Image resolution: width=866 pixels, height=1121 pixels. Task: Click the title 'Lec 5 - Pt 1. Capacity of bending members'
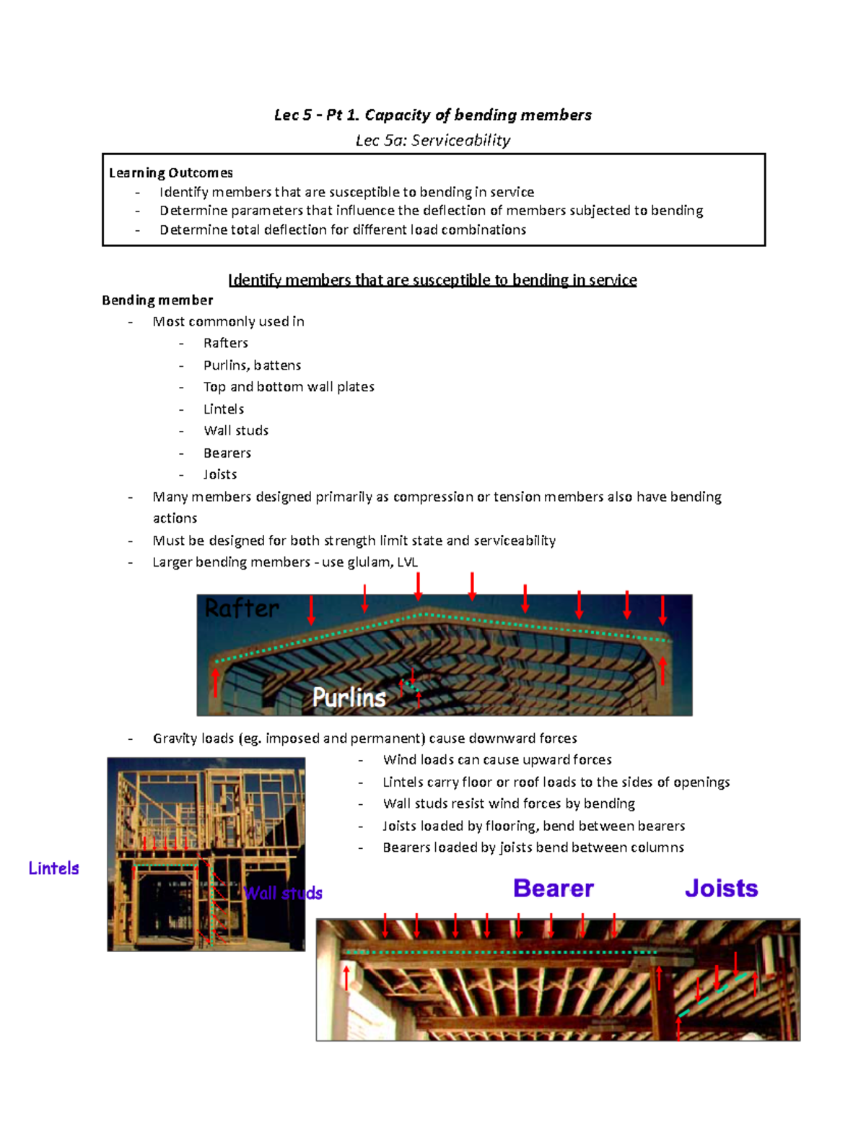432,115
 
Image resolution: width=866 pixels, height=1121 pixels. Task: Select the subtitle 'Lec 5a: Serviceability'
432,140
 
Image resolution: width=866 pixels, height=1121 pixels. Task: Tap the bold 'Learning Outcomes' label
171,173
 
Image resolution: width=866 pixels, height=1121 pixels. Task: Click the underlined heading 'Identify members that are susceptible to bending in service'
432,280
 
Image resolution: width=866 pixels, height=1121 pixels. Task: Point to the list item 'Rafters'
225,343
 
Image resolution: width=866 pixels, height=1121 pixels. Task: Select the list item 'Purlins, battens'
252,365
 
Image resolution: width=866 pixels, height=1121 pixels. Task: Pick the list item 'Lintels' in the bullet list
224,409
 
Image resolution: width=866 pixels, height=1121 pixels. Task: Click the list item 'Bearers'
227,453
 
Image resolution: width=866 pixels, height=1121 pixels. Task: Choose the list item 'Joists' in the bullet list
220,475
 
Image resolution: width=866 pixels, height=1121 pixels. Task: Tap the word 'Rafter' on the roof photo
242,609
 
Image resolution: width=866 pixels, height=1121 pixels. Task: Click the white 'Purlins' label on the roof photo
349,697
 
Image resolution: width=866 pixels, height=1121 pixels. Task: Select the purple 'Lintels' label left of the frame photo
53,868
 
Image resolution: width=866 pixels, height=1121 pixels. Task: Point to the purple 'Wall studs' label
283,894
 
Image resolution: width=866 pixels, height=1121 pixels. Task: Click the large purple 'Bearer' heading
554,889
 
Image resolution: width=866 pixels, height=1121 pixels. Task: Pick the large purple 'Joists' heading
721,889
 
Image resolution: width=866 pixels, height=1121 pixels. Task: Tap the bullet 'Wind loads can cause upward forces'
497,760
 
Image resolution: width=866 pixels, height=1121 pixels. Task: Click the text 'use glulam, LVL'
369,562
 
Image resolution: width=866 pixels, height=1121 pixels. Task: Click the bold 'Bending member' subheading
157,300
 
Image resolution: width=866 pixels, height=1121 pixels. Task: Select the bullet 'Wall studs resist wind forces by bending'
509,804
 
